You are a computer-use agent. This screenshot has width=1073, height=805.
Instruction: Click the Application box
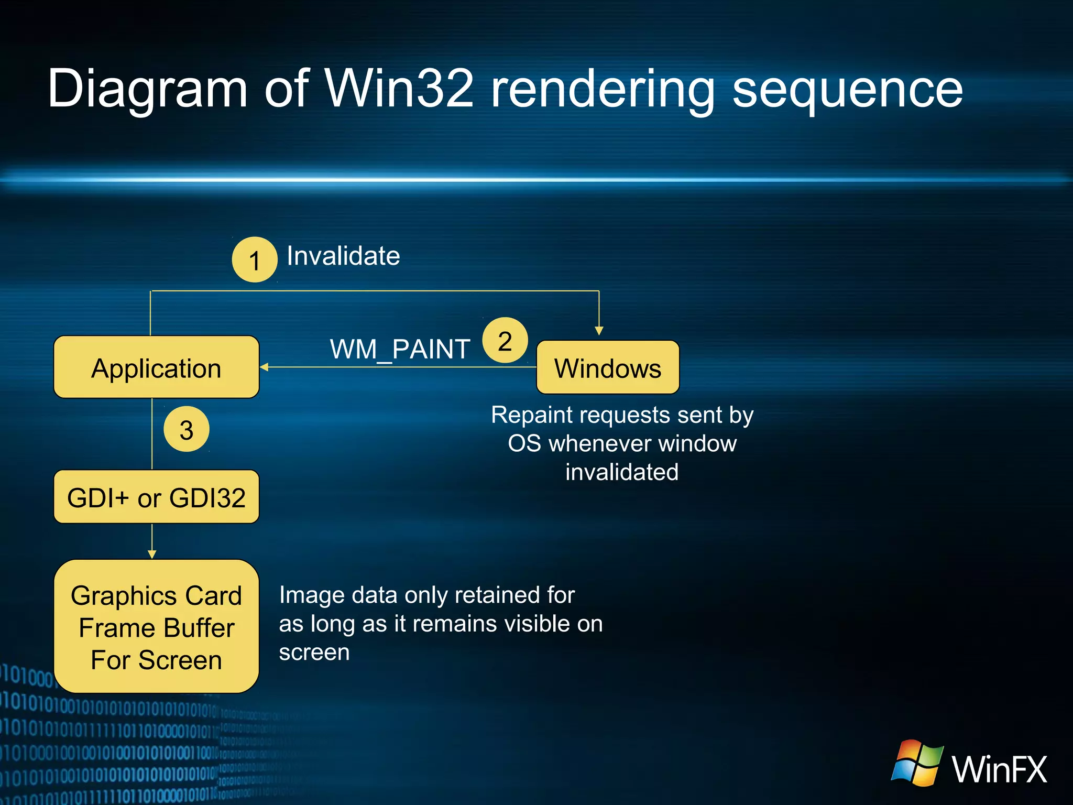[x=156, y=367]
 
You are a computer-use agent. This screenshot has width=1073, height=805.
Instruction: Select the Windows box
[x=608, y=367]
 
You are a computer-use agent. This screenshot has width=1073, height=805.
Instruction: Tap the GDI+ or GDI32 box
[x=156, y=497]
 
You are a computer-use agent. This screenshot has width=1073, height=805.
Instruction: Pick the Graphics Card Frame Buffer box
[x=156, y=627]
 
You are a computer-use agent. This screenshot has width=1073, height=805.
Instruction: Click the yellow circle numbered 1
[x=255, y=260]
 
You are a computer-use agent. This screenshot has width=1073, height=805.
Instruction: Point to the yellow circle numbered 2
[x=505, y=341]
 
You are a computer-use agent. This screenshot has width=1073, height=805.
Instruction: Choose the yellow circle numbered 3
[x=187, y=430]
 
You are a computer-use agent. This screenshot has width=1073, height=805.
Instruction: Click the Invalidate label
[x=343, y=256]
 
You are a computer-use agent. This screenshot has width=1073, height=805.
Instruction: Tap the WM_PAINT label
[x=400, y=349]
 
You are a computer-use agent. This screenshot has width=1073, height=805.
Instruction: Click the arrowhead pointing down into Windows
[x=599, y=331]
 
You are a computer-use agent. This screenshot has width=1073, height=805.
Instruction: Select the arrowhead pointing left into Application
[x=265, y=367]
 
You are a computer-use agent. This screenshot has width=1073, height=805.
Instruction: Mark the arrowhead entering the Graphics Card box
[x=152, y=554]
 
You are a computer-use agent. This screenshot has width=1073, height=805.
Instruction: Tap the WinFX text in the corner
[x=999, y=769]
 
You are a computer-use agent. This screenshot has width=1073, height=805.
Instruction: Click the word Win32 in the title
[x=399, y=89]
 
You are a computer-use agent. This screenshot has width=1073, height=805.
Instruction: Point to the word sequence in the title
[x=847, y=90]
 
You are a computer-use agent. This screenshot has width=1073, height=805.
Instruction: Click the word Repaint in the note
[x=531, y=415]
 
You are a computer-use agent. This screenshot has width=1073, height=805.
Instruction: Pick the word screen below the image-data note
[x=314, y=653]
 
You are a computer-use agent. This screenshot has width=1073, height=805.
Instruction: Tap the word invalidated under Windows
[x=622, y=472]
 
